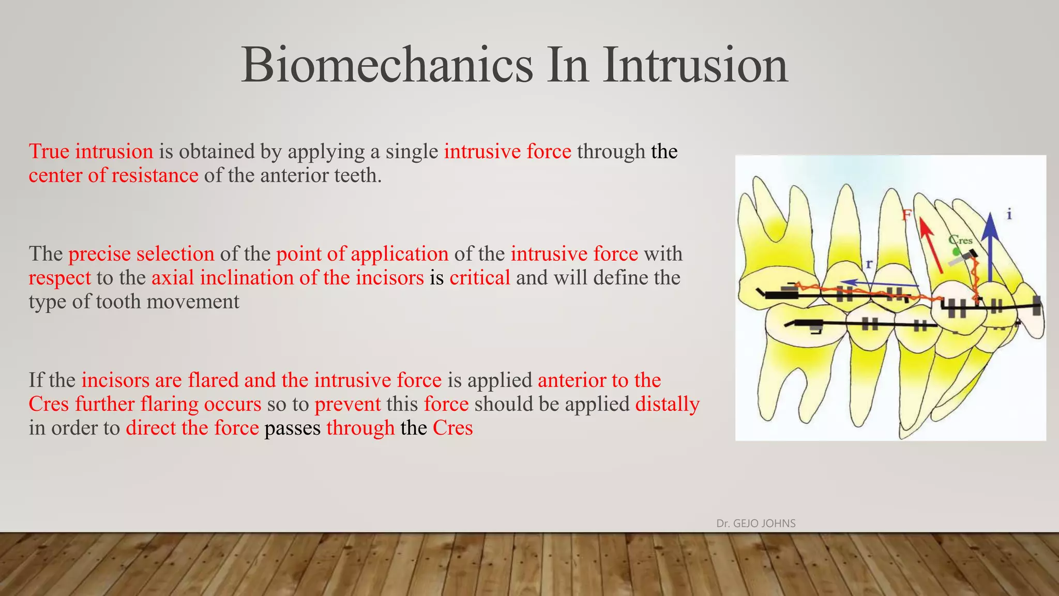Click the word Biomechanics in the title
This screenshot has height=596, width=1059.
[387, 65]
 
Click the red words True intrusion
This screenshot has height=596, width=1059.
[91, 152]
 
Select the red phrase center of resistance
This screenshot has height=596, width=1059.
[113, 175]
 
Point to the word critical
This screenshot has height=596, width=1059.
[479, 278]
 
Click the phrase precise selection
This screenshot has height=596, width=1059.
[141, 254]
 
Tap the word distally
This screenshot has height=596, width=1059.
[667, 404]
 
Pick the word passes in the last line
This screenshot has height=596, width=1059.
[292, 428]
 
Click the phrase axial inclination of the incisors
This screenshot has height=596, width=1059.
[288, 278]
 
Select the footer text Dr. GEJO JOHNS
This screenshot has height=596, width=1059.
[755, 524]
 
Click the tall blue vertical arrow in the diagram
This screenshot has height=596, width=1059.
[990, 248]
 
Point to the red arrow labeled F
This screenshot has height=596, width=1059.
[930, 246]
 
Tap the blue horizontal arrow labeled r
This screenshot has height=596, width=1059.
[879, 283]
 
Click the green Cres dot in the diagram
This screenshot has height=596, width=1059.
[957, 251]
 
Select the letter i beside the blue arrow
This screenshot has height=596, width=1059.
[1009, 214]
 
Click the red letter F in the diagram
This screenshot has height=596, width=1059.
[906, 215]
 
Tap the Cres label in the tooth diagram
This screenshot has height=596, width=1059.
[961, 240]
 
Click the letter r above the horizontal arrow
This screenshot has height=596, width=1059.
[869, 264]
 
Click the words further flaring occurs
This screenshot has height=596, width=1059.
[168, 404]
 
